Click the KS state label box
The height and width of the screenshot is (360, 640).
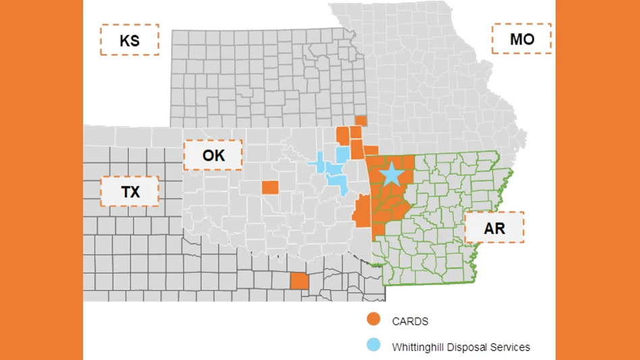click(x=130, y=40)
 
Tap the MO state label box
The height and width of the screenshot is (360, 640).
click(x=521, y=38)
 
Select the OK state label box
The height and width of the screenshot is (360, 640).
click(x=213, y=155)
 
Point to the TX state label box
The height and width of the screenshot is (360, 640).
click(x=130, y=192)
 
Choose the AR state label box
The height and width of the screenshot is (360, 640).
click(x=494, y=228)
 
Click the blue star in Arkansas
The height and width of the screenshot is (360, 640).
click(x=391, y=174)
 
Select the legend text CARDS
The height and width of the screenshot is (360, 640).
click(x=410, y=322)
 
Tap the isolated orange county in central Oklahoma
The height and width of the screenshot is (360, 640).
click(x=269, y=187)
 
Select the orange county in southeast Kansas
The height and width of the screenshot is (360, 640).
click(x=361, y=120)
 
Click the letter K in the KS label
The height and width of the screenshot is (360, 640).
click(x=124, y=40)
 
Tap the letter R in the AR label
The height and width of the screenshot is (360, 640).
click(x=500, y=228)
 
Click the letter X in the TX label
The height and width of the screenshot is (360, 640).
click(x=136, y=192)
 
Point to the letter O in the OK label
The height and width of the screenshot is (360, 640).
click(x=208, y=155)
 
